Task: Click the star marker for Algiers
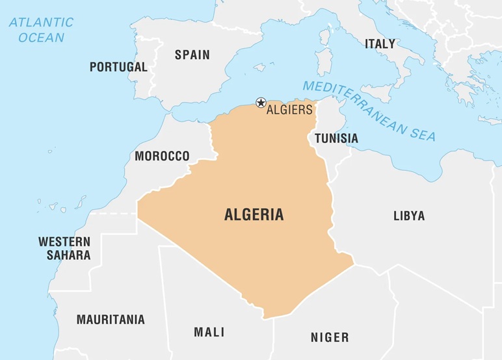261,102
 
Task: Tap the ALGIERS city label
289,110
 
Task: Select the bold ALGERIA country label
254,215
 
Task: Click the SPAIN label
192,55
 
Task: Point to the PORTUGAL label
118,67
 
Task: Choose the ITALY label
380,44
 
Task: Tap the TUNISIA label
336,138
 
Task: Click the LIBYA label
409,216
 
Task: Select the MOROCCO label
162,156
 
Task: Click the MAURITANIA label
111,320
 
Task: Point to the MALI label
209,332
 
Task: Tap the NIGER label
329,337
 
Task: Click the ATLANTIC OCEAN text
41,30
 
